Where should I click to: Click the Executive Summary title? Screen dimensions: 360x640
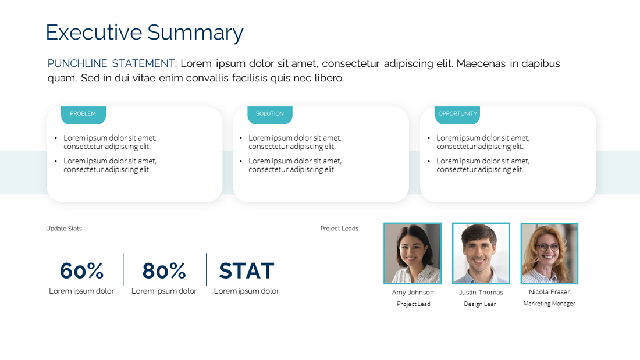click(x=144, y=33)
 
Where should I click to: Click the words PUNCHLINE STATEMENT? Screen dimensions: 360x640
click(x=112, y=63)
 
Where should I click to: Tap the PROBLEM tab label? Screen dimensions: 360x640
click(x=83, y=114)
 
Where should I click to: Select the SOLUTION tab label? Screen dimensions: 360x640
click(x=270, y=114)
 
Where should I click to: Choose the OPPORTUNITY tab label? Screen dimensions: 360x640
click(x=457, y=114)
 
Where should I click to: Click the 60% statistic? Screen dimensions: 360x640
click(x=81, y=271)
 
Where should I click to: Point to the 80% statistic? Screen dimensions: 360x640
click(x=164, y=271)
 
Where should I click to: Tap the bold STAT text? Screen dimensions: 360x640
click(x=247, y=271)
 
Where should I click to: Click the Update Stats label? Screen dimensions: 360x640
click(x=64, y=229)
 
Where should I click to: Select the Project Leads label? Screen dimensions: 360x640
click(x=339, y=229)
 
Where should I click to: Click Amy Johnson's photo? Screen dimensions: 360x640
click(x=413, y=253)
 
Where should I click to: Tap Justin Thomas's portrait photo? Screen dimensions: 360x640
click(x=481, y=253)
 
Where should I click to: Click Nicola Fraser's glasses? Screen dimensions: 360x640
click(x=548, y=247)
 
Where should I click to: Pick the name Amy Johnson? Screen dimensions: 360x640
click(x=413, y=293)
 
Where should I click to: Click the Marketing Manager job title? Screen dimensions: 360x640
click(x=549, y=304)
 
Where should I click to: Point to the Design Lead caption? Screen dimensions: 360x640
click(x=480, y=304)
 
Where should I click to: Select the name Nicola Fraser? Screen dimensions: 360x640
click(x=549, y=292)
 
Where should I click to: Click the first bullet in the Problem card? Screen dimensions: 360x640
click(x=110, y=142)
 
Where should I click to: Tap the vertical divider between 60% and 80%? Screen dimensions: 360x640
click(x=123, y=269)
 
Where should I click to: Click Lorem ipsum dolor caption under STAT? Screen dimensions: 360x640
click(x=246, y=291)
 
